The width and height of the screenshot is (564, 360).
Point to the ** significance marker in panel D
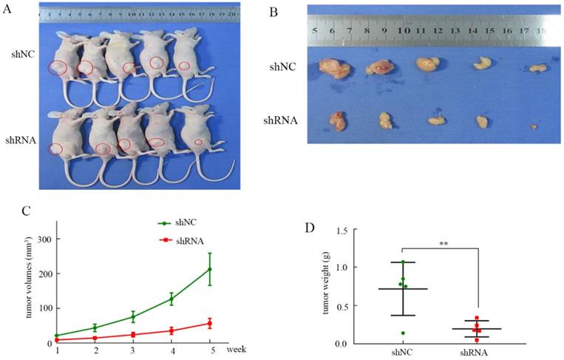click(x=441, y=241)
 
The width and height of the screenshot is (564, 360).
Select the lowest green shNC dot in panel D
click(x=404, y=333)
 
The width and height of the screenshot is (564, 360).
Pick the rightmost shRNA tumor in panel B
click(x=534, y=126)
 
